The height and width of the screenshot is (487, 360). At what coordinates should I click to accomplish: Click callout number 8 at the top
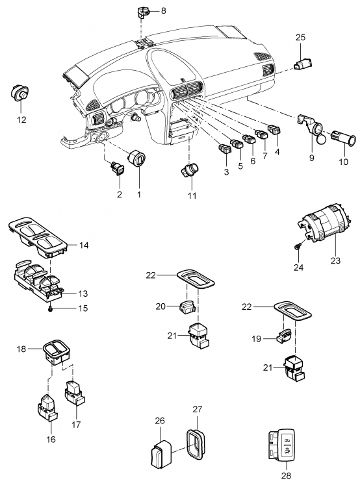163,10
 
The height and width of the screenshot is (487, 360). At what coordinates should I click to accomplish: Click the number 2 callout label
119,194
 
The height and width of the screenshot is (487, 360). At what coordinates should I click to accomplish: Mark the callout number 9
311,156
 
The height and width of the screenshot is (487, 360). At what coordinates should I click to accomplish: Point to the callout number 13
83,293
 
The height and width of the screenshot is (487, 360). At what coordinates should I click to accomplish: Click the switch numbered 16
46,406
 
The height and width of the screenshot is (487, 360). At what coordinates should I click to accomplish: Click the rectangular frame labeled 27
196,442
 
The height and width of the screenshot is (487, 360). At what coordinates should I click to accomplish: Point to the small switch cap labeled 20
186,306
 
